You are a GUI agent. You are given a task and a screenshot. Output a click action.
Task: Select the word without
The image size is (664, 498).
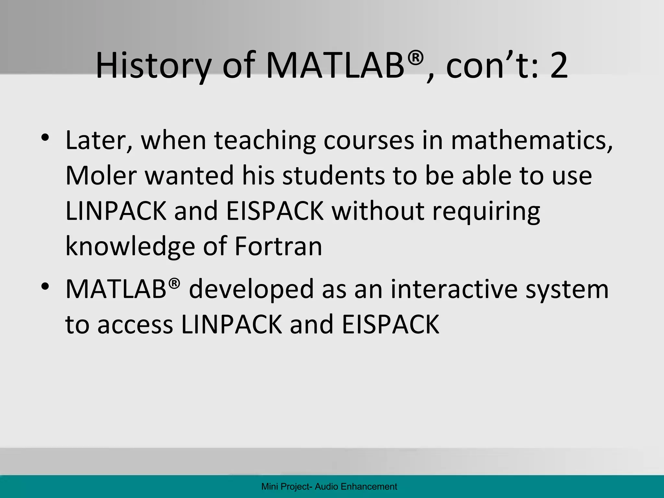(378, 211)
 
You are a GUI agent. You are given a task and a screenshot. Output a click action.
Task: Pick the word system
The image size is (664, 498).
(567, 290)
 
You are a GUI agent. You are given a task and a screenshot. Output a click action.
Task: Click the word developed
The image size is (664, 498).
(252, 290)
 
